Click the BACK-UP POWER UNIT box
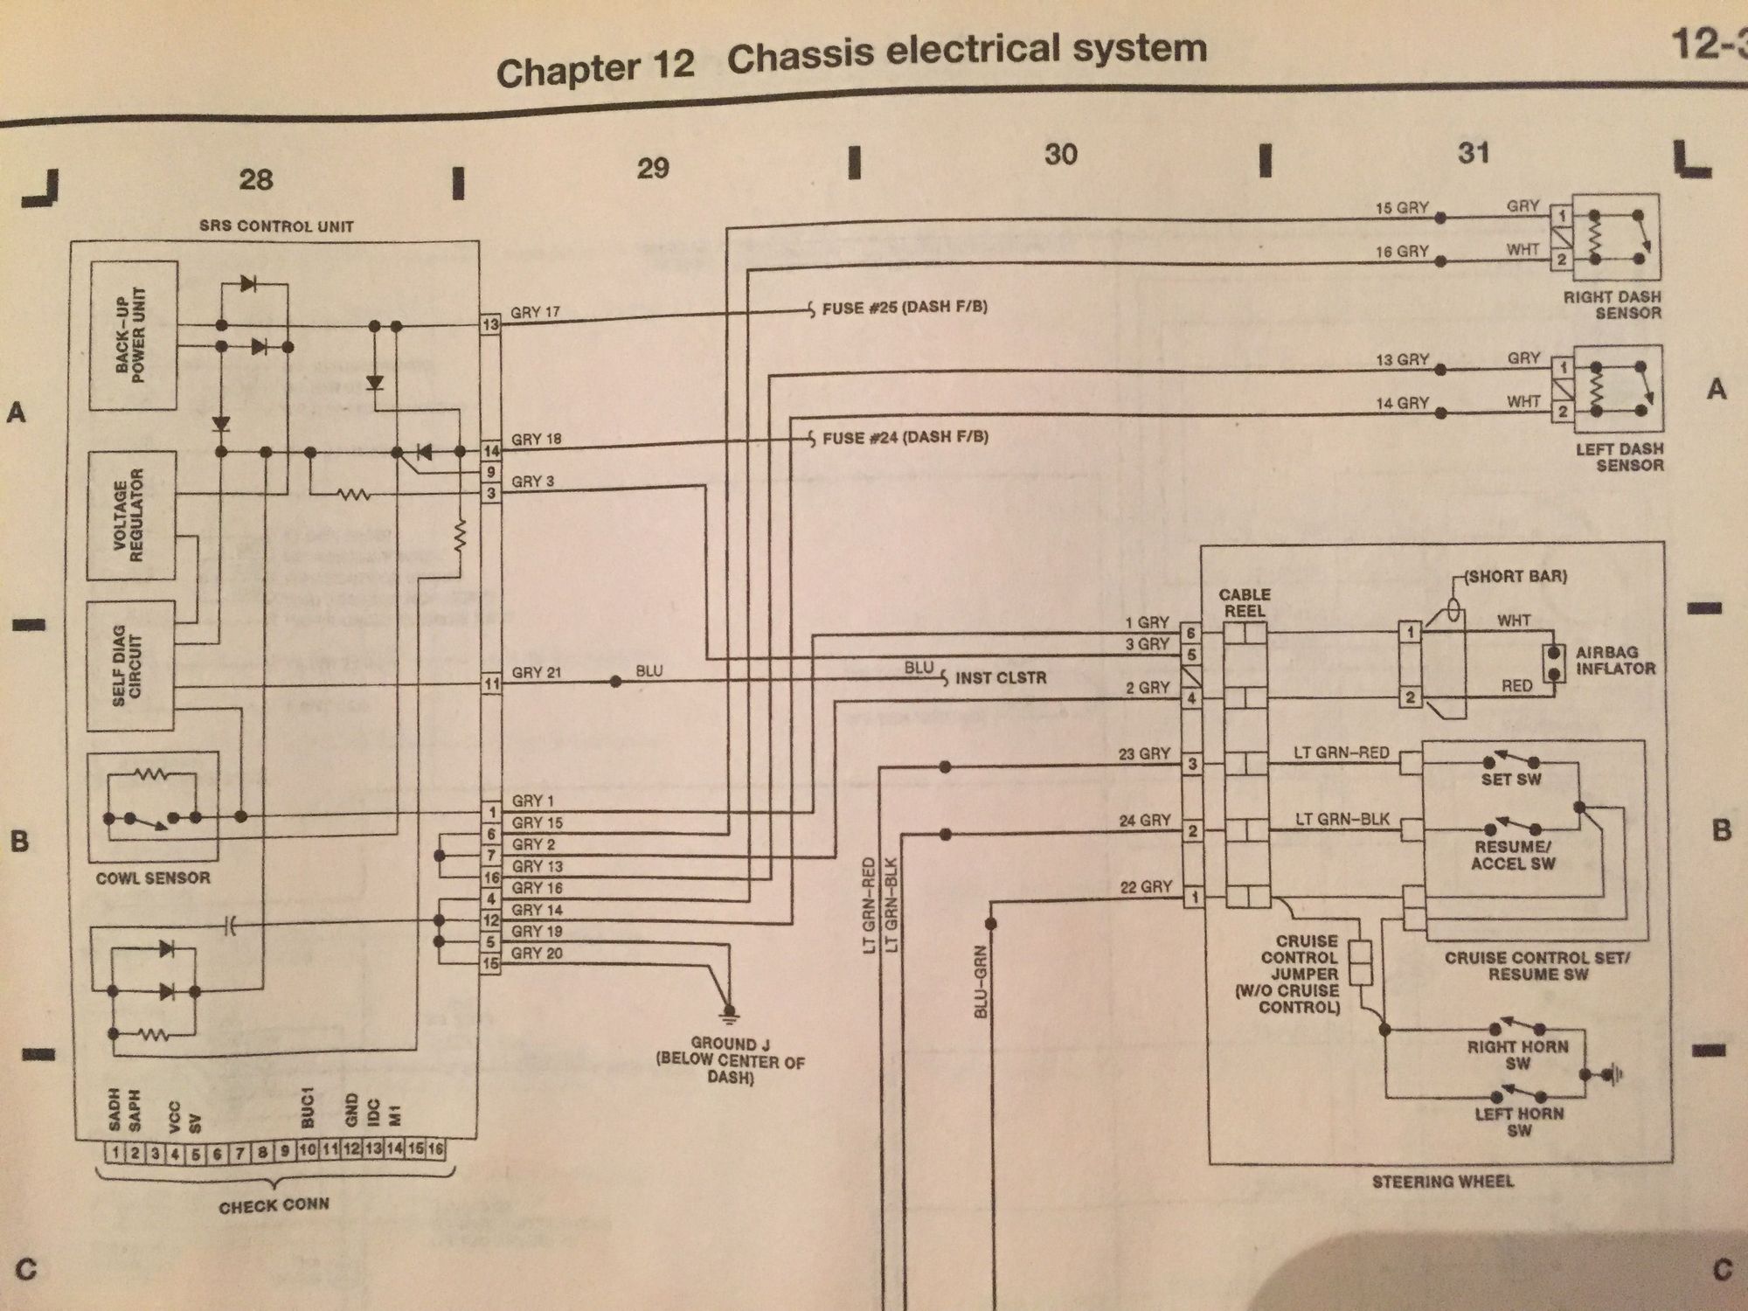(x=134, y=336)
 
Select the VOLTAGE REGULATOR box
(x=130, y=516)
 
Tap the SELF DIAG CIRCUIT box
(x=130, y=666)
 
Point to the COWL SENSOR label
(x=153, y=877)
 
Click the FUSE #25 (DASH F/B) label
(x=904, y=308)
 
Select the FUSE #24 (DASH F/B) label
(x=905, y=437)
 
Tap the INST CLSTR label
(x=1001, y=677)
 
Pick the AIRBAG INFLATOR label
(x=1615, y=661)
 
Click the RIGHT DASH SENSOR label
(x=1613, y=304)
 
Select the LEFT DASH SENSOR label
(x=1619, y=456)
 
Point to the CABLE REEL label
(x=1245, y=603)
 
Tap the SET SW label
(x=1511, y=779)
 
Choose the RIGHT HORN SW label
(x=1518, y=1055)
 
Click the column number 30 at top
(x=1060, y=155)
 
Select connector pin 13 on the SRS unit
(x=490, y=325)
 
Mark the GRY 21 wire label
(x=536, y=673)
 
